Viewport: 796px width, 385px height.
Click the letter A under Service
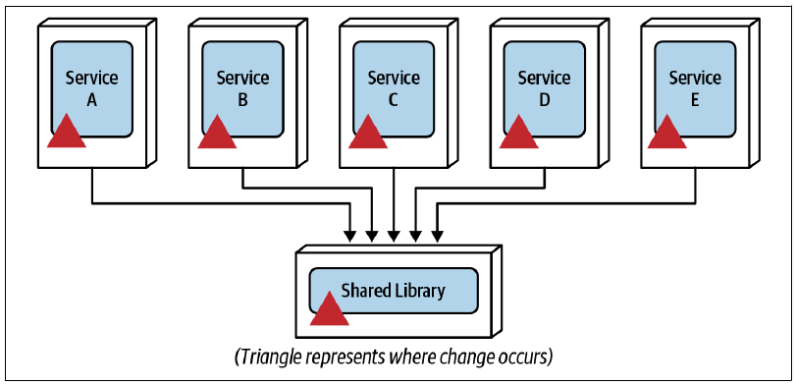click(92, 100)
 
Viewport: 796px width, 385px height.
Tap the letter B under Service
click(242, 100)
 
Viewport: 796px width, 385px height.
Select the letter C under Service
click(394, 100)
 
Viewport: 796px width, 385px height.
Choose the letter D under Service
click(544, 100)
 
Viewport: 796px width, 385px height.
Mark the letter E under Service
click(695, 100)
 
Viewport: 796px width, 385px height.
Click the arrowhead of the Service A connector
click(350, 236)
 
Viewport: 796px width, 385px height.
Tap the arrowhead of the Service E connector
click(437, 236)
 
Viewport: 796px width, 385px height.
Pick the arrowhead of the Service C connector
click(394, 236)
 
